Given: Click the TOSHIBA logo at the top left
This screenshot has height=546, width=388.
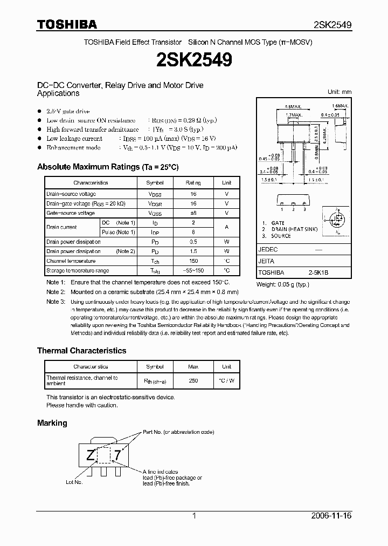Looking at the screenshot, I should click(67, 24).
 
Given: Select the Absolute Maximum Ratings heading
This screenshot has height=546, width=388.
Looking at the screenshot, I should click(108, 167).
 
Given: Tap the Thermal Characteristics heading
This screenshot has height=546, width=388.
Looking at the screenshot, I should click(81, 351).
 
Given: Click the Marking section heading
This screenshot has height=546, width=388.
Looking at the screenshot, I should click(52, 423).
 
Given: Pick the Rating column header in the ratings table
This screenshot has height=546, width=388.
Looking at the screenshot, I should click(193, 183).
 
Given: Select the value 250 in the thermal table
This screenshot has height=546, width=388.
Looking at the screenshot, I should click(193, 381).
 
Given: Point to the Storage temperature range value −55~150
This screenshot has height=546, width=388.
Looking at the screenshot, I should click(193, 271).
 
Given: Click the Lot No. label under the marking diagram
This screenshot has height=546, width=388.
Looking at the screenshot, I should click(74, 482).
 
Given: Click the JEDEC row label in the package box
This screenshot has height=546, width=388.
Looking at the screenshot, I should click(268, 250).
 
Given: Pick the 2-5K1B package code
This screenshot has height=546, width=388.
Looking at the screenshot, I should click(318, 273).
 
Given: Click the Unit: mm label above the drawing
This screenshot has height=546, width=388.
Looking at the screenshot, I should click(339, 92).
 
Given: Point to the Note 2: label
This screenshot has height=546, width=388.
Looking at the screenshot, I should click(56, 292).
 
